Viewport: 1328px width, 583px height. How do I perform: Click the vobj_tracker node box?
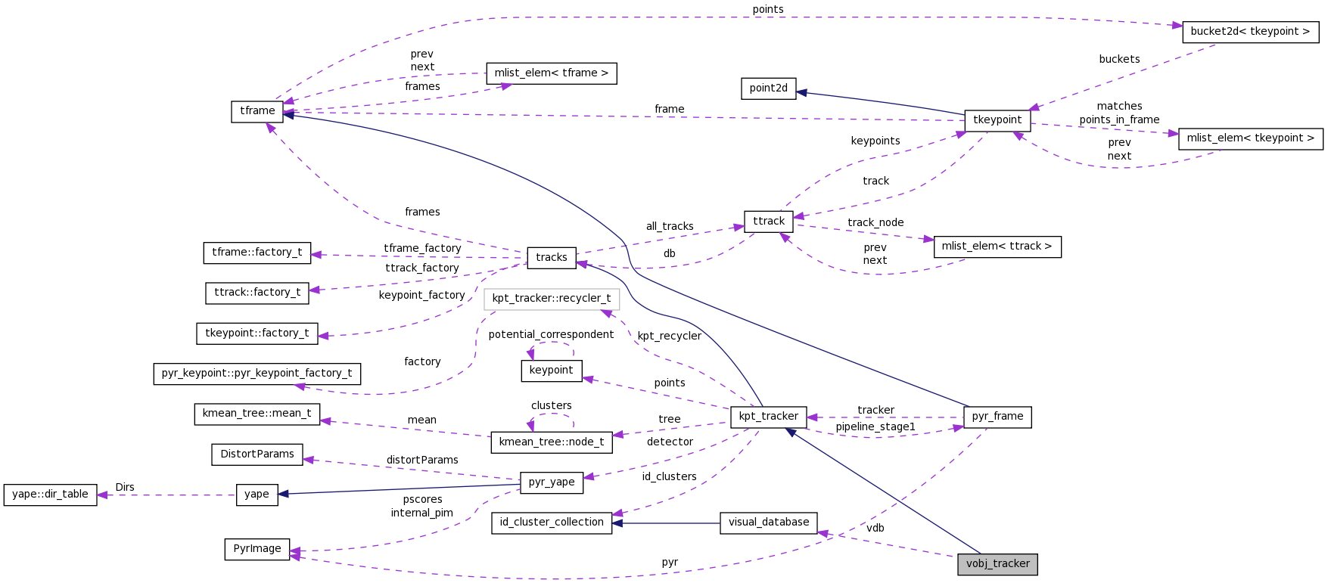pos(997,564)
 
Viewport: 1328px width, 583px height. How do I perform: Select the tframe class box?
pos(257,111)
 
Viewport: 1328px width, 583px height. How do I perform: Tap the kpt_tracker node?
pos(768,417)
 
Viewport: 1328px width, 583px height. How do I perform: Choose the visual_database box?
pos(768,523)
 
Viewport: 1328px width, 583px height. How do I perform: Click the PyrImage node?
pos(257,549)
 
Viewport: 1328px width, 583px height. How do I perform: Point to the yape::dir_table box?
pos(50,495)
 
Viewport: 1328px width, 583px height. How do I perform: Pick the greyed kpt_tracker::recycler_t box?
pos(552,299)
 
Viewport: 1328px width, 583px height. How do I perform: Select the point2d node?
pos(768,88)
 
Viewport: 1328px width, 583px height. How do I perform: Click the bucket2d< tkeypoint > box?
pos(1250,32)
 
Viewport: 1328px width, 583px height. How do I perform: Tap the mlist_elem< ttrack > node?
pos(997,247)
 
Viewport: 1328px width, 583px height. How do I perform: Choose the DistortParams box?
pos(257,454)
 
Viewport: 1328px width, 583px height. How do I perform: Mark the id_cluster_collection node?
pos(552,523)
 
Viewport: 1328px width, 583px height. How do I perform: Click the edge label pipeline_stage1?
pos(875,427)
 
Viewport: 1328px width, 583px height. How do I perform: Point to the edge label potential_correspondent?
pos(551,334)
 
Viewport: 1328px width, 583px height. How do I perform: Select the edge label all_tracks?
pos(670,226)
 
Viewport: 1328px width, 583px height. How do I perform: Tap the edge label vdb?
pos(875,528)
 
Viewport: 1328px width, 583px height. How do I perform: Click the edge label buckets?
pos(1119,59)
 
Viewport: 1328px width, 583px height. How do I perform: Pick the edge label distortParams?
pos(422,460)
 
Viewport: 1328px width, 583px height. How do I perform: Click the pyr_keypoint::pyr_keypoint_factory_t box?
pos(257,374)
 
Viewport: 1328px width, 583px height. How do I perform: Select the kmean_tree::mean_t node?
pos(257,414)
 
